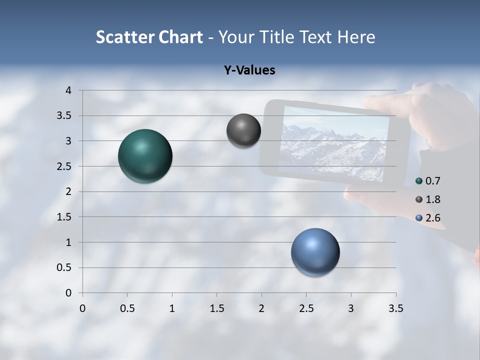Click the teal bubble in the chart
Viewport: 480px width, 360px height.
pyautogui.click(x=145, y=156)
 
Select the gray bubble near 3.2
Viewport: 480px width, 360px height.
pyautogui.click(x=243, y=130)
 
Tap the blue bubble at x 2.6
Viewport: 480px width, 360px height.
pyautogui.click(x=315, y=252)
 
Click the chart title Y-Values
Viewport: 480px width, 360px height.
pyautogui.click(x=249, y=70)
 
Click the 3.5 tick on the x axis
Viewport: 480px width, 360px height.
pyautogui.click(x=395, y=308)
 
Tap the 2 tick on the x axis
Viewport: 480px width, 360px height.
pyautogui.click(x=261, y=308)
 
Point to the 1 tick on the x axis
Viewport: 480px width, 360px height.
pyautogui.click(x=172, y=308)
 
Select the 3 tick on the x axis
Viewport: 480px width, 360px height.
pyautogui.click(x=351, y=308)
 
